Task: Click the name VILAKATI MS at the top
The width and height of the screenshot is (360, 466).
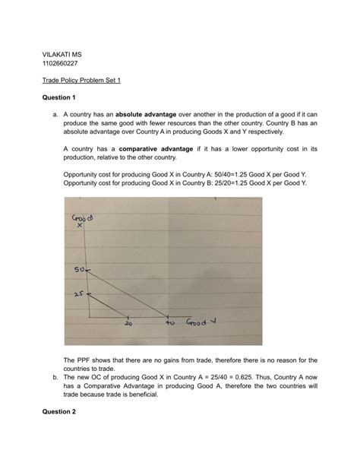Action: tap(62, 55)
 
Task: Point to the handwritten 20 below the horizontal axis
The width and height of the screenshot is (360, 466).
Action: tap(128, 322)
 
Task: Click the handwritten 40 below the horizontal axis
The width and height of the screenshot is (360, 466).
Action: tap(170, 322)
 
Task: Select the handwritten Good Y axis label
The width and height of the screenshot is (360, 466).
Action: tap(199, 321)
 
